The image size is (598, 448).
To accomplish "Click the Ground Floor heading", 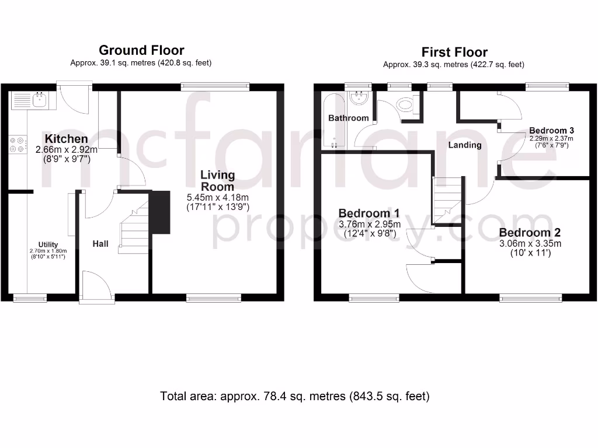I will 141,50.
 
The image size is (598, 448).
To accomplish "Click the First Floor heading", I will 454,52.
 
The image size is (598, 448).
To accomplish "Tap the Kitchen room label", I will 66,139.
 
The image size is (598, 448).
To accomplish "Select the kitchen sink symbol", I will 39,100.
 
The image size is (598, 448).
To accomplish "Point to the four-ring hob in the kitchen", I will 19,144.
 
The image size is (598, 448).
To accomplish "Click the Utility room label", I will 48,244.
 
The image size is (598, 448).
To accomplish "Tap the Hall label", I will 100,243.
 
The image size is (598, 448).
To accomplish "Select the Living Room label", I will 217,180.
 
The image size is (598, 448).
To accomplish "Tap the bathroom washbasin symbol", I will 358,98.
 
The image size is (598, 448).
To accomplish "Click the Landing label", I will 465,145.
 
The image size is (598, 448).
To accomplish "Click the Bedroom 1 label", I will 370,213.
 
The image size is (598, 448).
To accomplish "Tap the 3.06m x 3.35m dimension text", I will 530,244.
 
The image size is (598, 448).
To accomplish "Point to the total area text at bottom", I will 295,397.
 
